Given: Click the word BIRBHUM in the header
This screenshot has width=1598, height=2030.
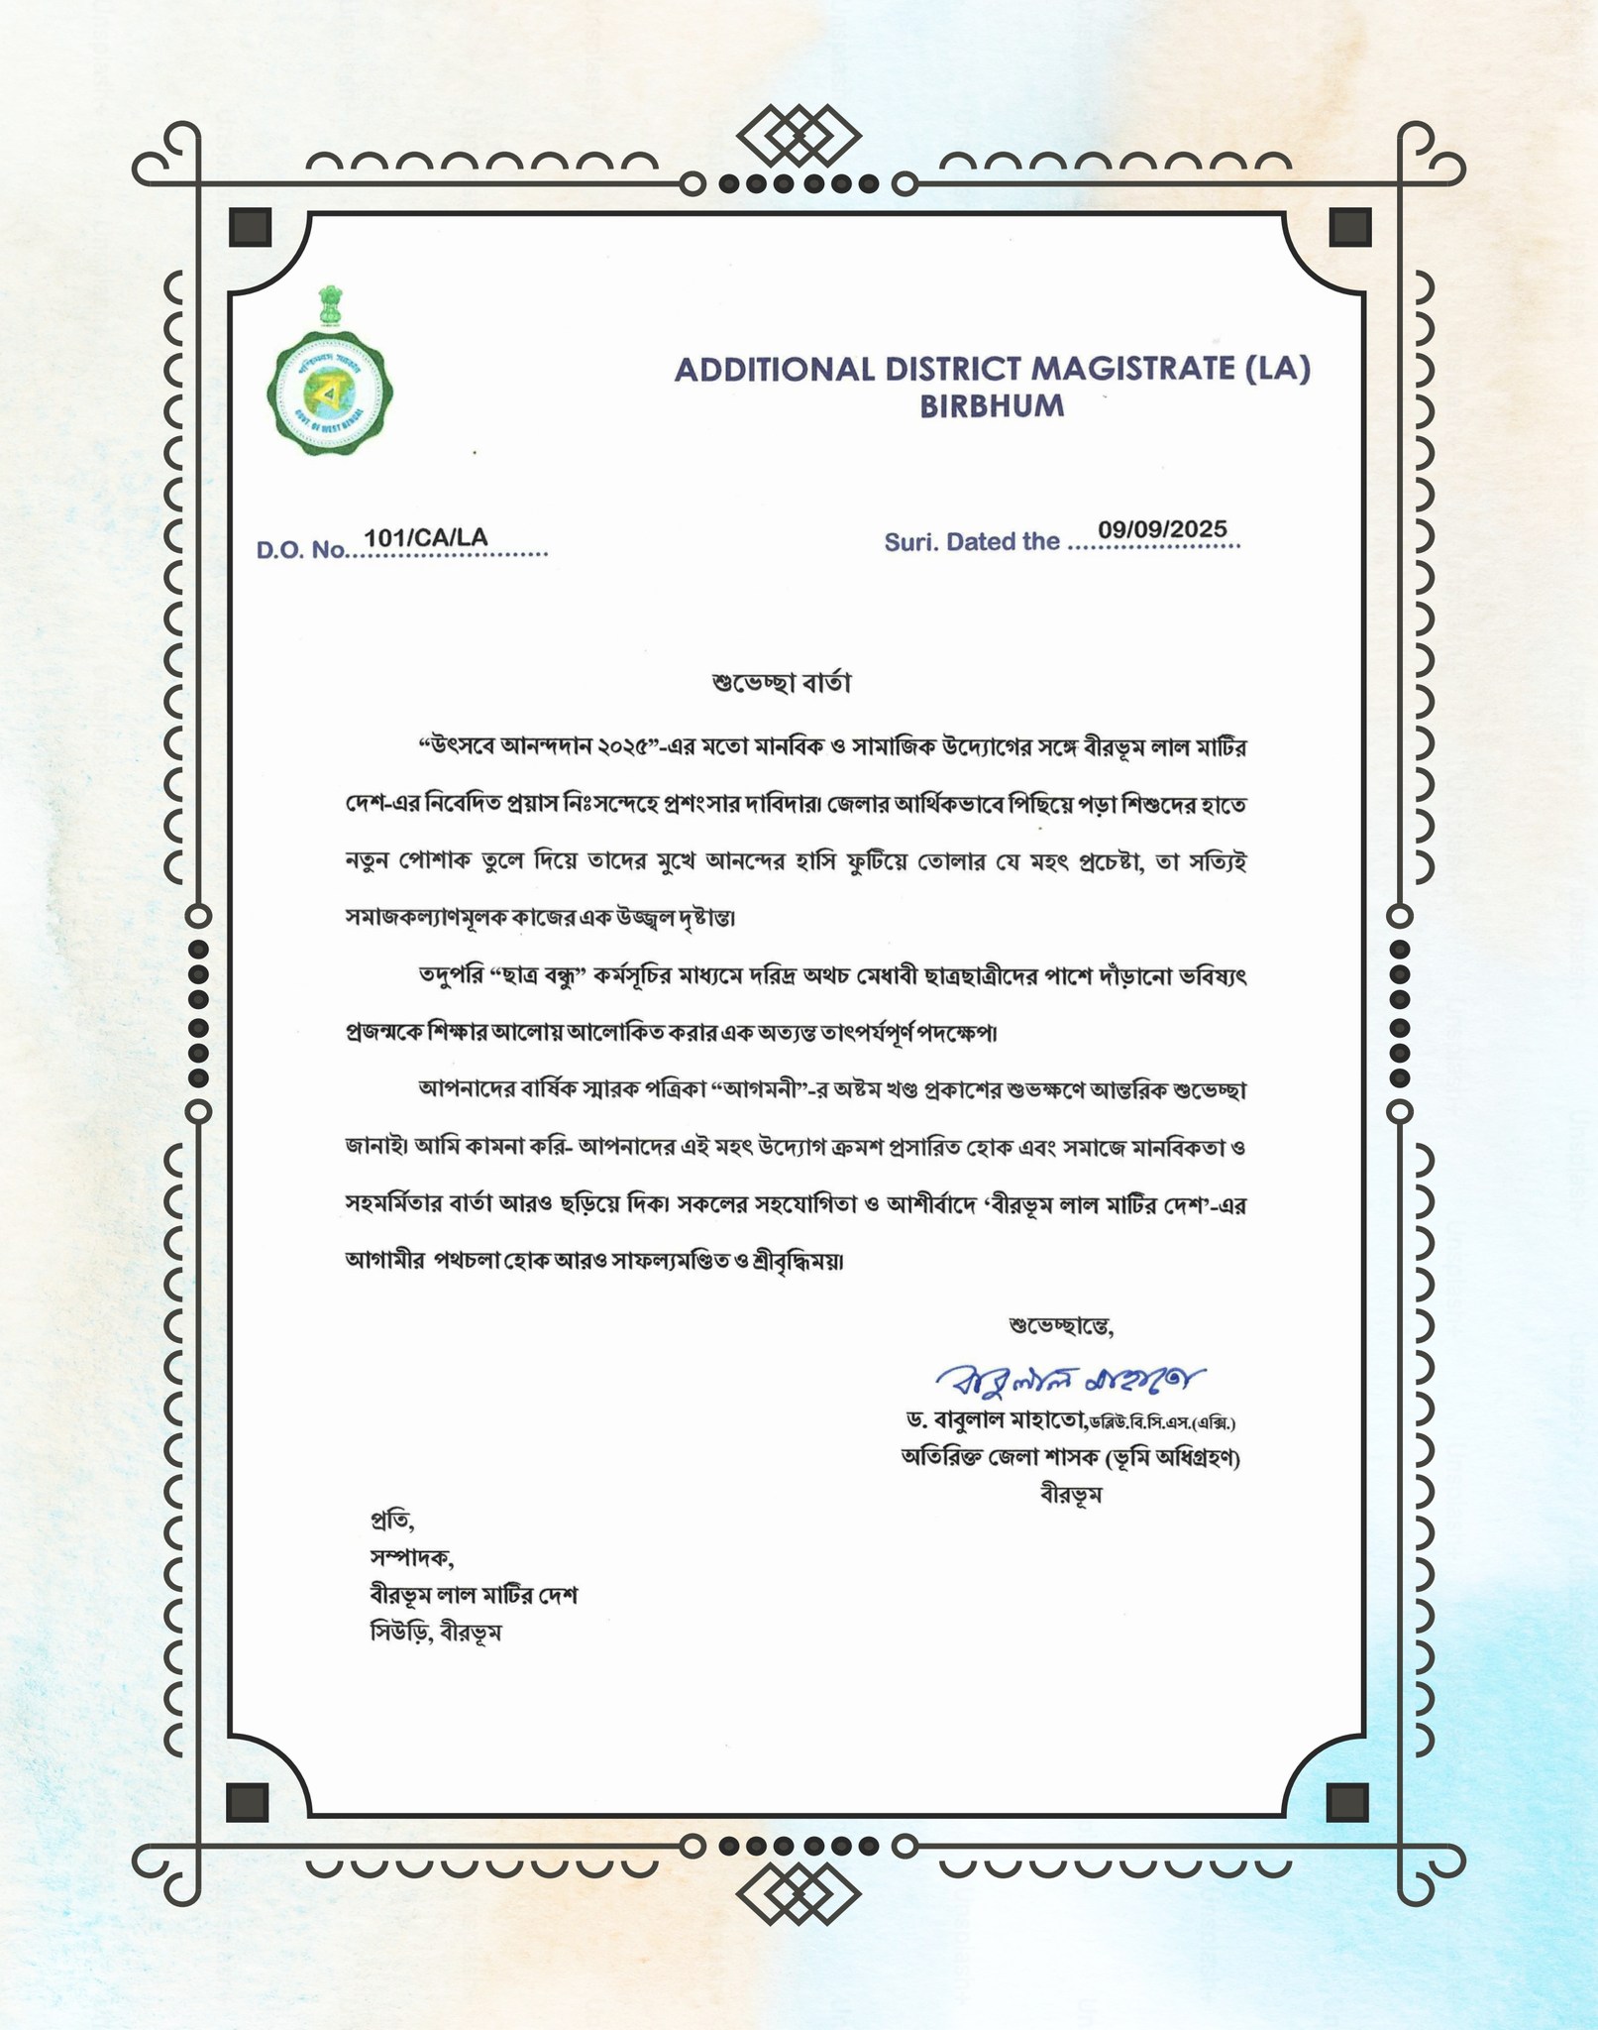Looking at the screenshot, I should pos(992,406).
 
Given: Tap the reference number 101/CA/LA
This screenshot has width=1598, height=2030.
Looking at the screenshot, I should pos(426,537).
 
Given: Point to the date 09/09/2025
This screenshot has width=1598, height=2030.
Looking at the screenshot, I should pos(1162,529).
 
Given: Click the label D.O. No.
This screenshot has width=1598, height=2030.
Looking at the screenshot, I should pos(300,550).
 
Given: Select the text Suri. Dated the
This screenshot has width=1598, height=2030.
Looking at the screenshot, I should pos(972,542).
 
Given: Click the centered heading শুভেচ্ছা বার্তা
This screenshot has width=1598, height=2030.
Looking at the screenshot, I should pos(782,683).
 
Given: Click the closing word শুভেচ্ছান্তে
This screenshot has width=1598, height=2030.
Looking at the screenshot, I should pos(1061,1325).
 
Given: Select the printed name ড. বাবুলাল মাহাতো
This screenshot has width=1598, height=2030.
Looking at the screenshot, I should pos(997,1420).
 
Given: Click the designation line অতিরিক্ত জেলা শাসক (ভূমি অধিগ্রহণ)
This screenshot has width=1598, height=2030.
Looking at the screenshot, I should pos(1070,1458).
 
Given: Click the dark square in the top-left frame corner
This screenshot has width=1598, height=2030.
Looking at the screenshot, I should pos(250,227).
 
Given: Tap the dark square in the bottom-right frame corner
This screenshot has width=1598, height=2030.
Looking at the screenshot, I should pos(1347,1802).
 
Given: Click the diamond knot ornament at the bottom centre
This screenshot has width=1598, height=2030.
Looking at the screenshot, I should pos(799,1894).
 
